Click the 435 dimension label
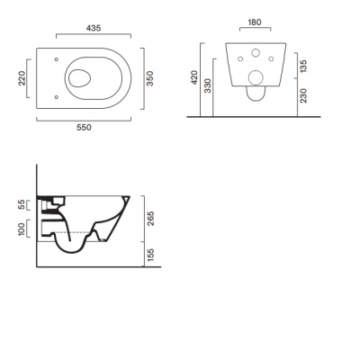pyautogui.click(x=94, y=28)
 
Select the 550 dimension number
pyautogui.click(x=84, y=128)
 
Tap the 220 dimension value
pyautogui.click(x=22, y=78)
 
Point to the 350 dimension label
pyautogui.click(x=149, y=78)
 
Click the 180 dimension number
pyautogui.click(x=255, y=22)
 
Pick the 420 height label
pyautogui.click(x=194, y=77)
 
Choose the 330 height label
pyautogui.click(x=208, y=85)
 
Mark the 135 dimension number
pyautogui.click(x=303, y=67)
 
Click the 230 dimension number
pyautogui.click(x=303, y=95)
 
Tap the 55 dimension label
pyautogui.click(x=22, y=205)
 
